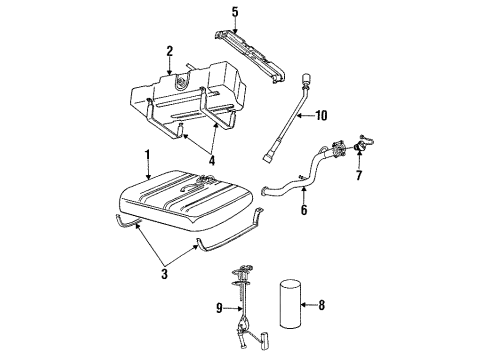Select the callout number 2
pos(170,49)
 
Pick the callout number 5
pos(235,13)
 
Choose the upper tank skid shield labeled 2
pos(190,90)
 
